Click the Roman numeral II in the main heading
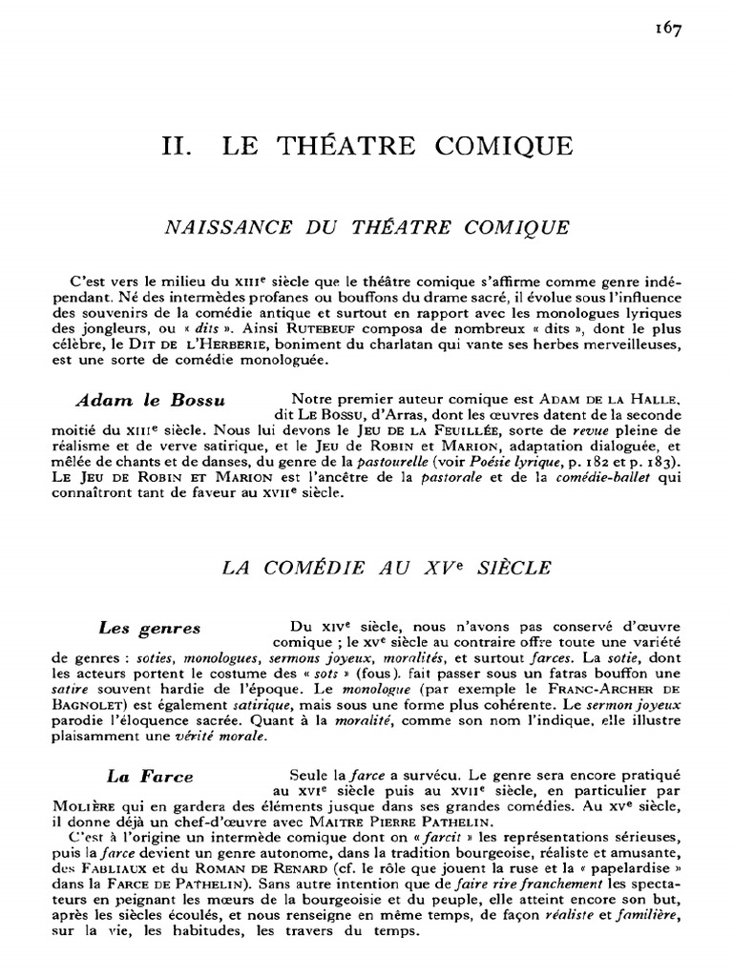click(178, 146)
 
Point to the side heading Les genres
click(150, 628)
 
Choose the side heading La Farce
click(151, 777)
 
